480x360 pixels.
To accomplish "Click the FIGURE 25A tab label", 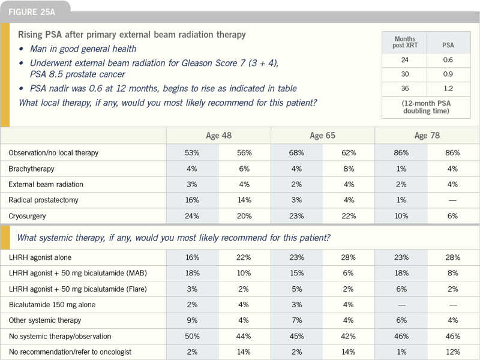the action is (32, 12).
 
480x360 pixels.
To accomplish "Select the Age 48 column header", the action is (218, 136).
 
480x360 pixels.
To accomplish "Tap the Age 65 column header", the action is (322, 136).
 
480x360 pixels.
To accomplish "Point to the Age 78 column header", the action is (427, 136).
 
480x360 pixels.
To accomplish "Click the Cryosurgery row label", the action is (27, 216).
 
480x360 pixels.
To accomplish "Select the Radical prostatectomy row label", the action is (43, 200).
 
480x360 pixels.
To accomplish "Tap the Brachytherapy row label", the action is (32, 169).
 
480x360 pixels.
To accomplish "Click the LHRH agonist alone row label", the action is (40, 257).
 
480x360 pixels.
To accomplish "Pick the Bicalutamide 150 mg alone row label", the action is (52, 305).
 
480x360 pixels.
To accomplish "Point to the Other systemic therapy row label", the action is (45, 320).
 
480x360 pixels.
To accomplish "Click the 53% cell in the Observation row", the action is (192, 153).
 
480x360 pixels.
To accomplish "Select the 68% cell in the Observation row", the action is (296, 153).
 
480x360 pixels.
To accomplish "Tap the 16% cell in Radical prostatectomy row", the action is (192, 200).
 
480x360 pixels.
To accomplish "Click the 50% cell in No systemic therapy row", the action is (192, 337).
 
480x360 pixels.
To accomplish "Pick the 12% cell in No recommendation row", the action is (453, 352).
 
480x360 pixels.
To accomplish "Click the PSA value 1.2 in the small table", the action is (448, 88).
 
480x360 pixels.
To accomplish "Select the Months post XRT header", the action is (404, 42).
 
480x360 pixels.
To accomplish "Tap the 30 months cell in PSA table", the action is (404, 74).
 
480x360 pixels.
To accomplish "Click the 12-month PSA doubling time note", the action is (426, 107).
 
